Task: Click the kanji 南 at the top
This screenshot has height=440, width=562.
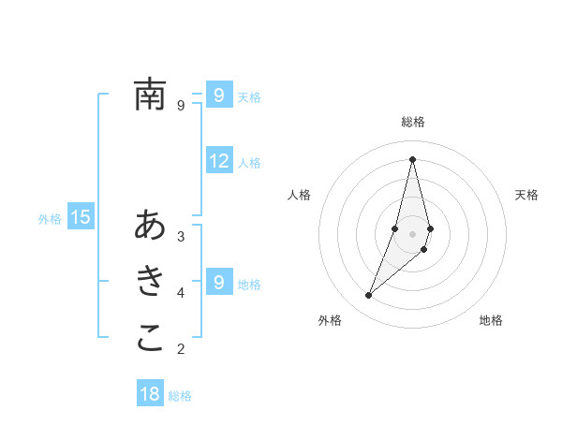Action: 150,95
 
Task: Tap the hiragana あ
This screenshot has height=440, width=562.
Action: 150,226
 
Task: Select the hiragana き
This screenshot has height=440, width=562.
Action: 150,280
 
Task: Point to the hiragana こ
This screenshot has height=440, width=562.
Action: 150,338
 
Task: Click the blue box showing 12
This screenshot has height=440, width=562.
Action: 219,161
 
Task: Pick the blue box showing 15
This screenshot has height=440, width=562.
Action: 81,218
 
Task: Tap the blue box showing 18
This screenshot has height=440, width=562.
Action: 150,394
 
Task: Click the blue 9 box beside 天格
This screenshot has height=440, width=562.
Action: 219,95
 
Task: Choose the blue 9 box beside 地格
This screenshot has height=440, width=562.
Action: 219,282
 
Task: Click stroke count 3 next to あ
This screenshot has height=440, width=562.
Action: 181,236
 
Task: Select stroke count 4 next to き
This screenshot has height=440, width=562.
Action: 181,292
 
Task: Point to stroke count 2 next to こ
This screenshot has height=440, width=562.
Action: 181,349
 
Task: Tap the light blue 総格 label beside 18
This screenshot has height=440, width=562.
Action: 180,396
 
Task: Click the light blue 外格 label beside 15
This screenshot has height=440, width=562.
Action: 50,219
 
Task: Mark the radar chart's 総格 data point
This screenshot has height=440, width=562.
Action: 412,159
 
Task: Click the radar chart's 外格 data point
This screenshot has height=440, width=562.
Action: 369,296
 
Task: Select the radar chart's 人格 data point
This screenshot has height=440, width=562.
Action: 395,228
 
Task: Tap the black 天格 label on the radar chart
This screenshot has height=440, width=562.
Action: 526,195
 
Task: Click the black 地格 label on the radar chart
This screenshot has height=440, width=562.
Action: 491,320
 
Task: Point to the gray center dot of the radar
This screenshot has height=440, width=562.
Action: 412,233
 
